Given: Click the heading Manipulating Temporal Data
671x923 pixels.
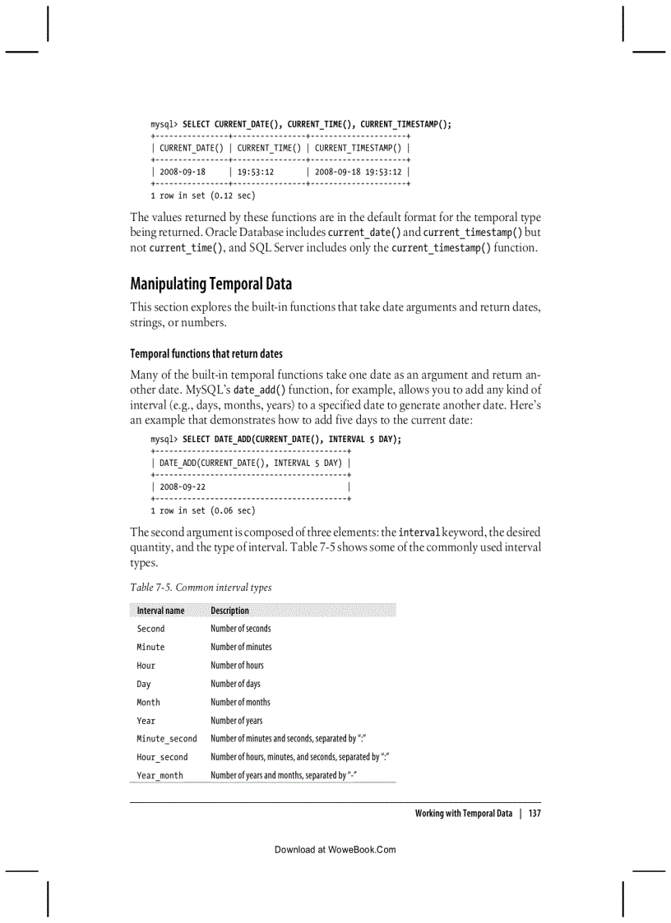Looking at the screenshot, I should [211, 284].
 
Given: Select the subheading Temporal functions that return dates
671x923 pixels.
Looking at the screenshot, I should [206, 353].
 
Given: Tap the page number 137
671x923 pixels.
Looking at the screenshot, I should [534, 814].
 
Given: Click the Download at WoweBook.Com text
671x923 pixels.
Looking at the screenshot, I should [335, 850].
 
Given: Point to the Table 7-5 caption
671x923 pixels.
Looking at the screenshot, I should [201, 588].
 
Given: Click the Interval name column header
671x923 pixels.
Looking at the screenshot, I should [160, 611].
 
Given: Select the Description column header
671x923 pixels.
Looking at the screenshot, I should [229, 611].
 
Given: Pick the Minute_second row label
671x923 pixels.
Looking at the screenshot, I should [167, 739].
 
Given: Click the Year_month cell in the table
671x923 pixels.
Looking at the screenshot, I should [160, 776].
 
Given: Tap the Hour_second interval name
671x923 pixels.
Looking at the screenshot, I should [162, 758].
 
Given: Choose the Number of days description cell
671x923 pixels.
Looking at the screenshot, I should [235, 684].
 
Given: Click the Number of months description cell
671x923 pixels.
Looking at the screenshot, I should [240, 702].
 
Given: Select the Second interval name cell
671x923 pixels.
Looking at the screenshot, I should [150, 629].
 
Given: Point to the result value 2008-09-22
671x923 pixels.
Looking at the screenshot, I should [183, 487].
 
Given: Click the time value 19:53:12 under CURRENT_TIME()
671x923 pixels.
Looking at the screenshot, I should [256, 172].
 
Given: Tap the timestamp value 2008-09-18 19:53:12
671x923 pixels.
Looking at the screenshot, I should [358, 172].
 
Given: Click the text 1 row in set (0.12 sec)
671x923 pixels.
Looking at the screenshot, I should [202, 196].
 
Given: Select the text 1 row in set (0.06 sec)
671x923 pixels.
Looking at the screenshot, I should [202, 510].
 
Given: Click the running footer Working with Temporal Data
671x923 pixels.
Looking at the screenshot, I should [463, 814].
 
